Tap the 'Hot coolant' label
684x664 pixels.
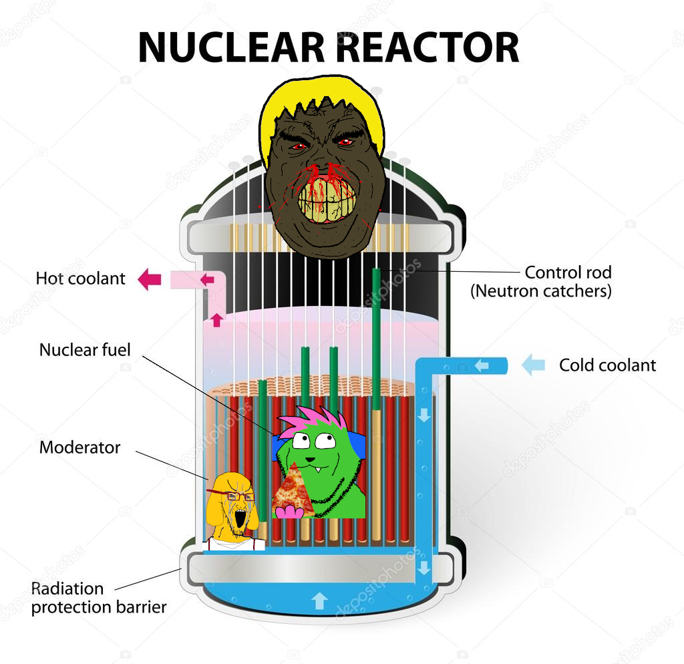click(81, 279)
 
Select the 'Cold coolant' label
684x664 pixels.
click(607, 365)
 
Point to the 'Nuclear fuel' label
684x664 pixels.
click(85, 349)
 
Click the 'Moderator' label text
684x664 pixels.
click(79, 448)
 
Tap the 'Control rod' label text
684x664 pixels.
click(568, 273)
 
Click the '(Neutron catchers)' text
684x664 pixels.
click(541, 291)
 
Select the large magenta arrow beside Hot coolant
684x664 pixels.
click(150, 279)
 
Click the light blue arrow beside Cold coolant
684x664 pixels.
click(533, 365)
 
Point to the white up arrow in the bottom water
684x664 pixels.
click(319, 601)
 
